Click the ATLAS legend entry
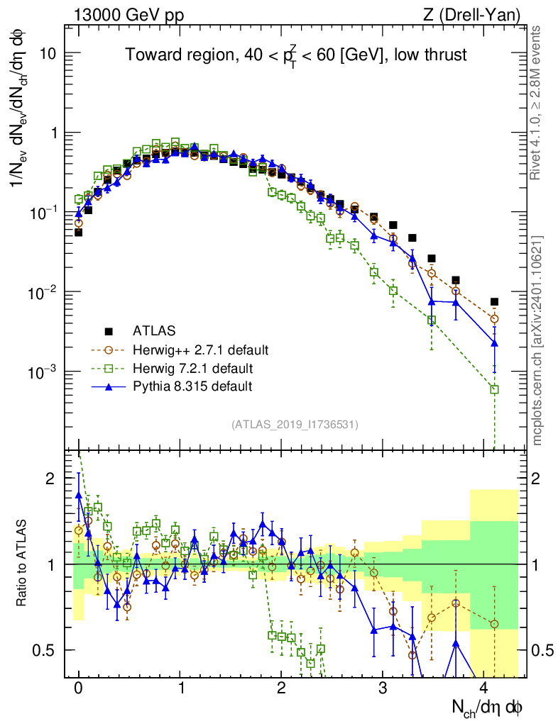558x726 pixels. point(153,330)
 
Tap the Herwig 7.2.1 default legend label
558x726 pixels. point(192,368)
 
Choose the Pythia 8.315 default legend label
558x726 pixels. point(192,386)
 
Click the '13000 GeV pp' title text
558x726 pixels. point(128,14)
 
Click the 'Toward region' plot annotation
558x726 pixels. point(295,56)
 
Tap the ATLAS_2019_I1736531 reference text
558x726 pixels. point(295,425)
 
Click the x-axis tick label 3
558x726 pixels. point(383,688)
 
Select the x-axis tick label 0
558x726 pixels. point(78,688)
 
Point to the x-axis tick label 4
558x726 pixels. point(485,688)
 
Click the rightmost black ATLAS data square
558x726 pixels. point(494,302)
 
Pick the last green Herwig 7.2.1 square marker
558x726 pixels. point(494,389)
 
